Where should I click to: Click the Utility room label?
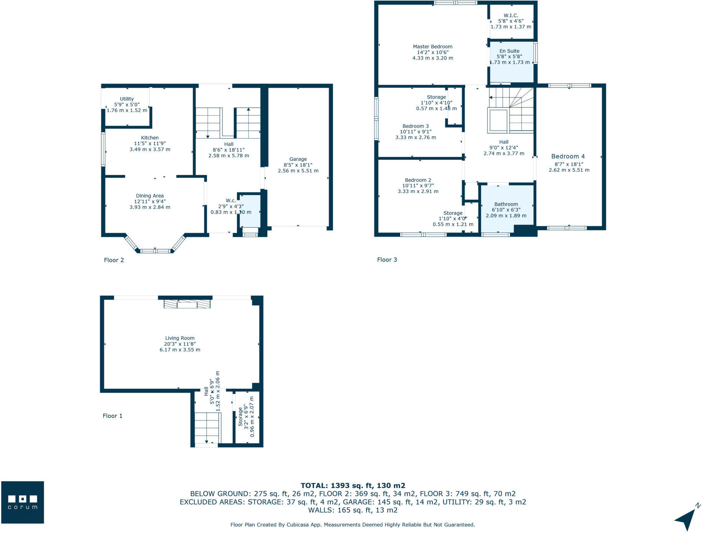[x=127, y=99]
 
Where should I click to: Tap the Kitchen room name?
[x=150, y=138]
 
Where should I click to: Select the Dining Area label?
[x=150, y=196]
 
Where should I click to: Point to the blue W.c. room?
[x=250, y=211]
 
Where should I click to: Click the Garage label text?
[x=298, y=159]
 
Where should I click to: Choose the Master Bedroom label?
[x=432, y=46]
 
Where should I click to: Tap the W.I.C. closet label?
[x=511, y=15]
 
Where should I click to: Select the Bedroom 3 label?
[x=416, y=126]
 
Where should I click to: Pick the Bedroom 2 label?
[x=418, y=180]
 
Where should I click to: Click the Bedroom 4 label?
[x=568, y=156]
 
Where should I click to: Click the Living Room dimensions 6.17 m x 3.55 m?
[x=180, y=349]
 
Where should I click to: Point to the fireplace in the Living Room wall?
[x=187, y=304]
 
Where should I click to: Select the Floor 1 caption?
[x=112, y=416]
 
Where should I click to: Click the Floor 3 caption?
[x=387, y=260]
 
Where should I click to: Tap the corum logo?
[x=23, y=502]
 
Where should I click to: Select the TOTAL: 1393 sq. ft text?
[x=353, y=485]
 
